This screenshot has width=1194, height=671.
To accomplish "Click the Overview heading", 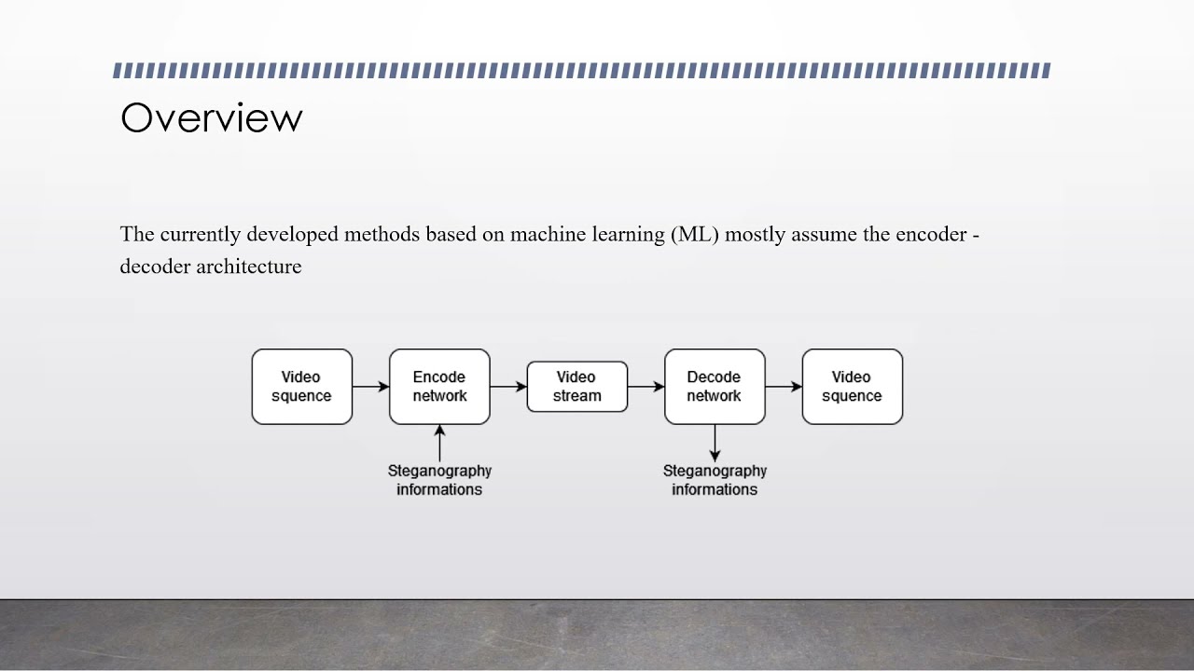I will tap(212, 118).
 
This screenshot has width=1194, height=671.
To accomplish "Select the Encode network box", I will tap(439, 387).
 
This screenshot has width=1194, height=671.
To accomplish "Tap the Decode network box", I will tap(715, 387).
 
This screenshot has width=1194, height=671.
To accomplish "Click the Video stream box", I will tap(576, 387).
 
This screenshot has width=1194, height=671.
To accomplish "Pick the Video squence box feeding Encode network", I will tap(301, 387).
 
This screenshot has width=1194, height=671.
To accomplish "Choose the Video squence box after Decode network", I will tap(852, 387).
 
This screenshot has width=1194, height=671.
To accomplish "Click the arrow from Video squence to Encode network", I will tap(370, 387).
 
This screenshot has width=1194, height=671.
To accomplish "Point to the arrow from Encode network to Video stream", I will tap(508, 387).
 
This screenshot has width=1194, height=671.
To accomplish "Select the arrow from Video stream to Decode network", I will tap(646, 387).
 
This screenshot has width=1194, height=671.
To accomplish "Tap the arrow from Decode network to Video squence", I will tap(784, 387).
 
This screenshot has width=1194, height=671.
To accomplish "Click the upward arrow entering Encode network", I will tap(439, 443).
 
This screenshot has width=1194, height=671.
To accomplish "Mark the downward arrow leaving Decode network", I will tap(715, 443).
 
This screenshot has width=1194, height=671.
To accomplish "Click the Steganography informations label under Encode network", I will tap(439, 480).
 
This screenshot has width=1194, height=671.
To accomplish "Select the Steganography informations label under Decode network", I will tap(715, 480).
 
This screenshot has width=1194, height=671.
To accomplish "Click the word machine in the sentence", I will tap(548, 234).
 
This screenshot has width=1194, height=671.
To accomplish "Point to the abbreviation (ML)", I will tap(695, 234).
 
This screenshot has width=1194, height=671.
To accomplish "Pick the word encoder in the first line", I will tap(931, 234).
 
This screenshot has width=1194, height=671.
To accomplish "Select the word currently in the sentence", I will tap(201, 234).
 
